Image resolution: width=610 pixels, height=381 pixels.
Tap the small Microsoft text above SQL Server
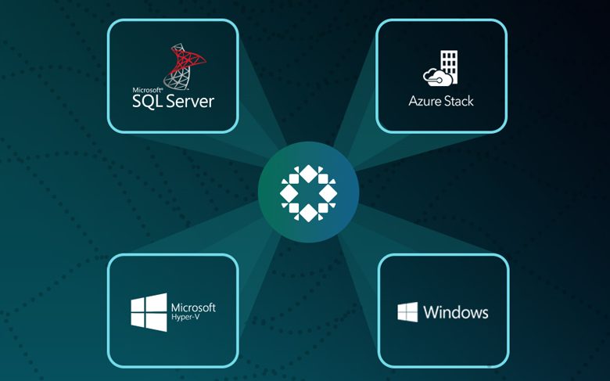[148, 90]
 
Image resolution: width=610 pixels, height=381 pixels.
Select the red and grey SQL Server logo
[184, 66]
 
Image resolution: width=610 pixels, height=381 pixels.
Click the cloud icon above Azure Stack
[438, 77]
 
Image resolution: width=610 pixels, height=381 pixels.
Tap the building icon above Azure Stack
[450, 66]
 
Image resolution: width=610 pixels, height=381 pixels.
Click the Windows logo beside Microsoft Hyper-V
[149, 312]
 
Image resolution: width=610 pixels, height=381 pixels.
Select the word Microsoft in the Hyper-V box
[193, 307]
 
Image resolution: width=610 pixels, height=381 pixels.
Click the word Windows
[456, 312]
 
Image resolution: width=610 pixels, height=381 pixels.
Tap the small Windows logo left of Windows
[407, 312]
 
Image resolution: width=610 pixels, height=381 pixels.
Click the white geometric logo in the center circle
[308, 193]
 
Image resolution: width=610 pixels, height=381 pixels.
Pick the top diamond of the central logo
[308, 174]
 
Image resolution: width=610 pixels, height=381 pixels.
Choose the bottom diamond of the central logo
[308, 213]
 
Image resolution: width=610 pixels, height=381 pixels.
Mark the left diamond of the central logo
[289, 193]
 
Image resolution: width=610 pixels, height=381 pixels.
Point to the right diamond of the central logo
[328, 193]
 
